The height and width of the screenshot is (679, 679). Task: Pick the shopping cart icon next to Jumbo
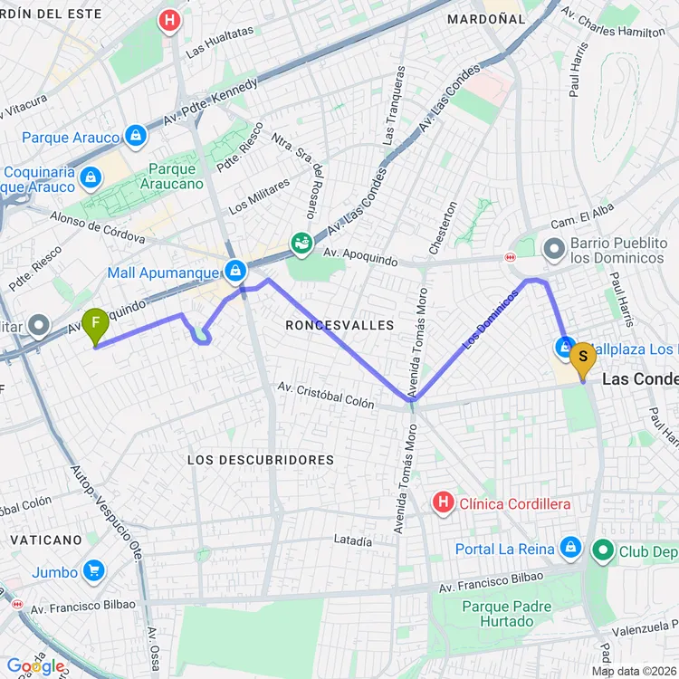click(93, 571)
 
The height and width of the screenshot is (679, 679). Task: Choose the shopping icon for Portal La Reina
click(569, 548)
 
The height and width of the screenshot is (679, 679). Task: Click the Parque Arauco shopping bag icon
click(136, 137)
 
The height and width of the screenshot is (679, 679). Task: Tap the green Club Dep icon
click(602, 550)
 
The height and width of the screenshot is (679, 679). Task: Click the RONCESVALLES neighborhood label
click(339, 324)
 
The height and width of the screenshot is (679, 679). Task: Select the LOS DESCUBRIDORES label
click(261, 460)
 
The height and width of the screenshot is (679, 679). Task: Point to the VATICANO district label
click(46, 540)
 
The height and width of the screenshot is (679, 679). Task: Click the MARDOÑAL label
click(487, 18)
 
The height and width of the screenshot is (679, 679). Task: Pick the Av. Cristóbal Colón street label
click(326, 395)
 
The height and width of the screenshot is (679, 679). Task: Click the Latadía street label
click(353, 541)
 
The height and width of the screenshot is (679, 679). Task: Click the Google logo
click(35, 666)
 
